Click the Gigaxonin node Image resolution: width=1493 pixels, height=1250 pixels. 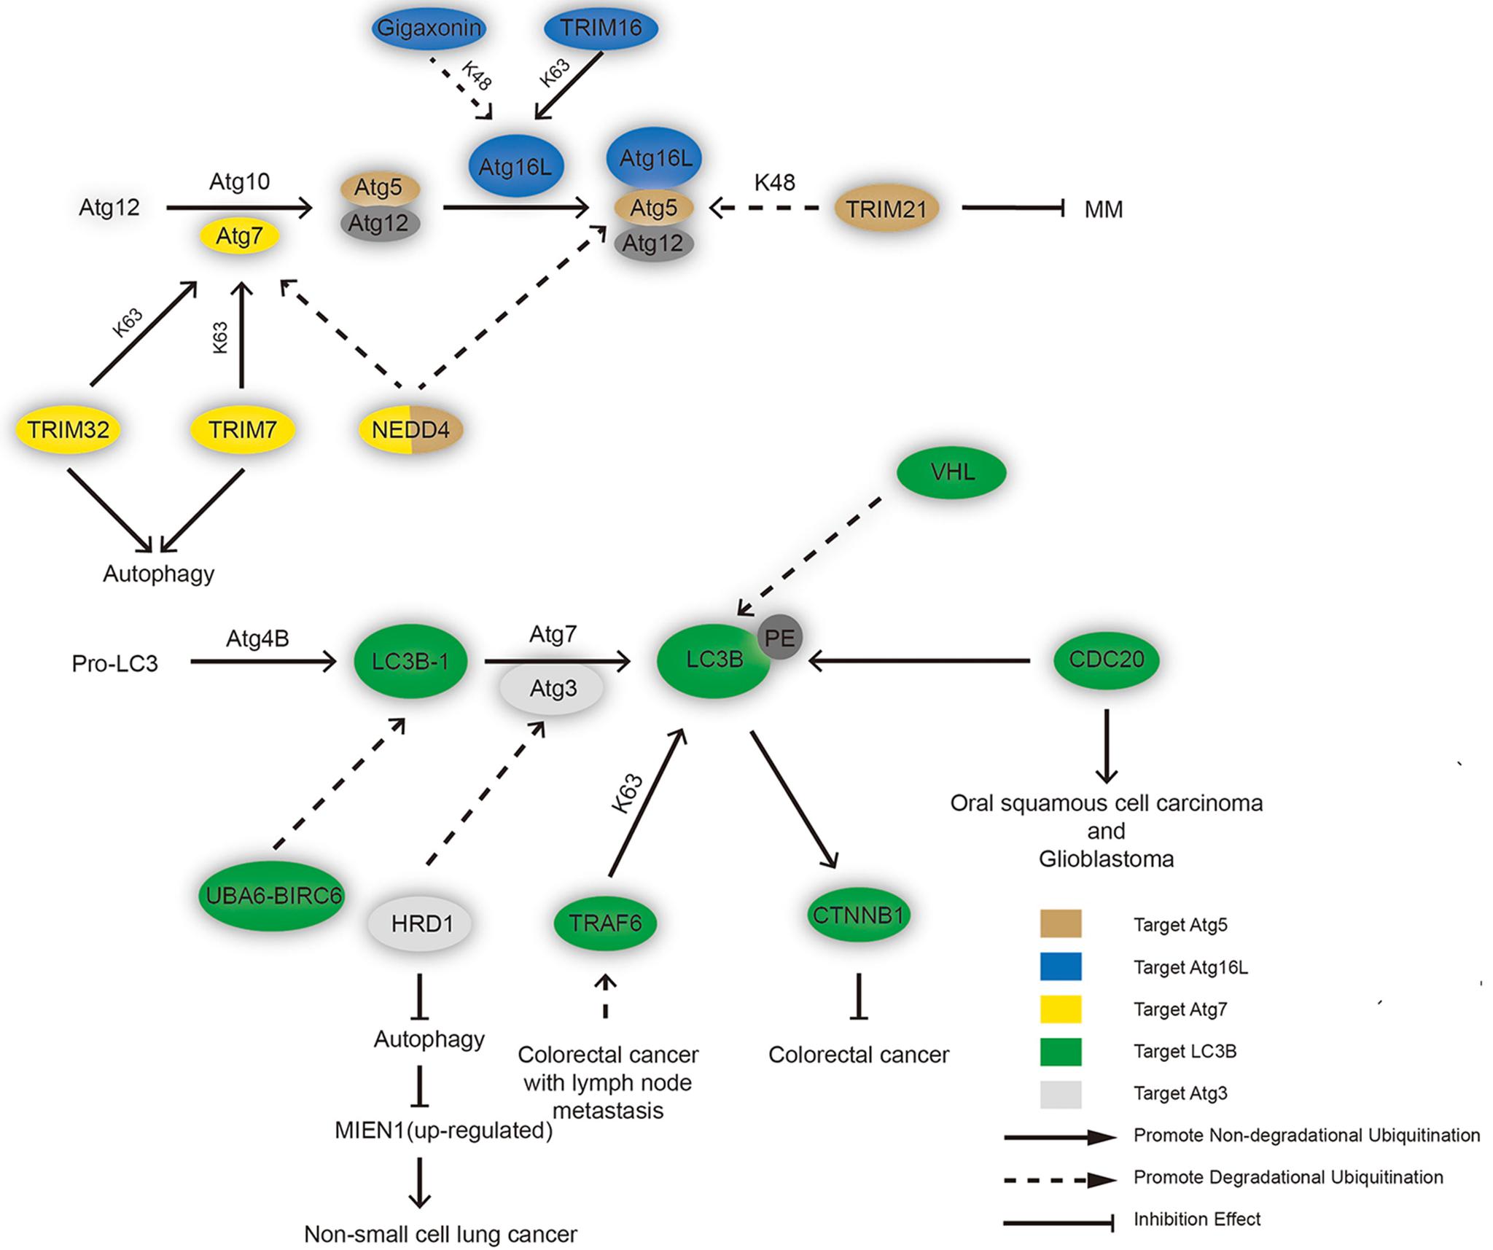[429, 28]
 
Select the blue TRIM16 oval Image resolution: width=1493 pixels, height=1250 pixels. [601, 28]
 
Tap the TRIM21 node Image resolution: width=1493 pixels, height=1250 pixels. [886, 209]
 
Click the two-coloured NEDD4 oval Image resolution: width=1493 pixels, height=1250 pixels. [411, 429]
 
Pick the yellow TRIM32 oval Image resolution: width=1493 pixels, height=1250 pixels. [69, 429]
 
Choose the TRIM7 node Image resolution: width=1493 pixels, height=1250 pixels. [243, 429]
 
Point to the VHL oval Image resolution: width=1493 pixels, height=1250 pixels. [952, 472]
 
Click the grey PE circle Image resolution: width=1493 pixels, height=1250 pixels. [780, 638]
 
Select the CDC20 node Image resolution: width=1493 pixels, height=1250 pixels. [1106, 660]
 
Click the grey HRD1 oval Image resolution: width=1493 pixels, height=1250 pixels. [421, 924]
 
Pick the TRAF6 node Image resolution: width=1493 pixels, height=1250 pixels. [605, 923]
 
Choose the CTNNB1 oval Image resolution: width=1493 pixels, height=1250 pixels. [858, 915]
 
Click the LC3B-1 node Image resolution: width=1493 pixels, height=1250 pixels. [410, 662]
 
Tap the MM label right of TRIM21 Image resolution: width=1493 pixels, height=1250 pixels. [1103, 210]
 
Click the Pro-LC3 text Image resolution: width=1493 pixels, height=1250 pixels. [114, 663]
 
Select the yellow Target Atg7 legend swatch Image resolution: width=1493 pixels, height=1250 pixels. [1060, 1009]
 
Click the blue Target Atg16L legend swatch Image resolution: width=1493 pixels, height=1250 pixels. [1060, 967]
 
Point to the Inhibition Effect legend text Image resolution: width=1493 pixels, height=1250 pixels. [1196, 1219]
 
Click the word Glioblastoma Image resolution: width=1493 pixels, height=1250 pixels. [1106, 859]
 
